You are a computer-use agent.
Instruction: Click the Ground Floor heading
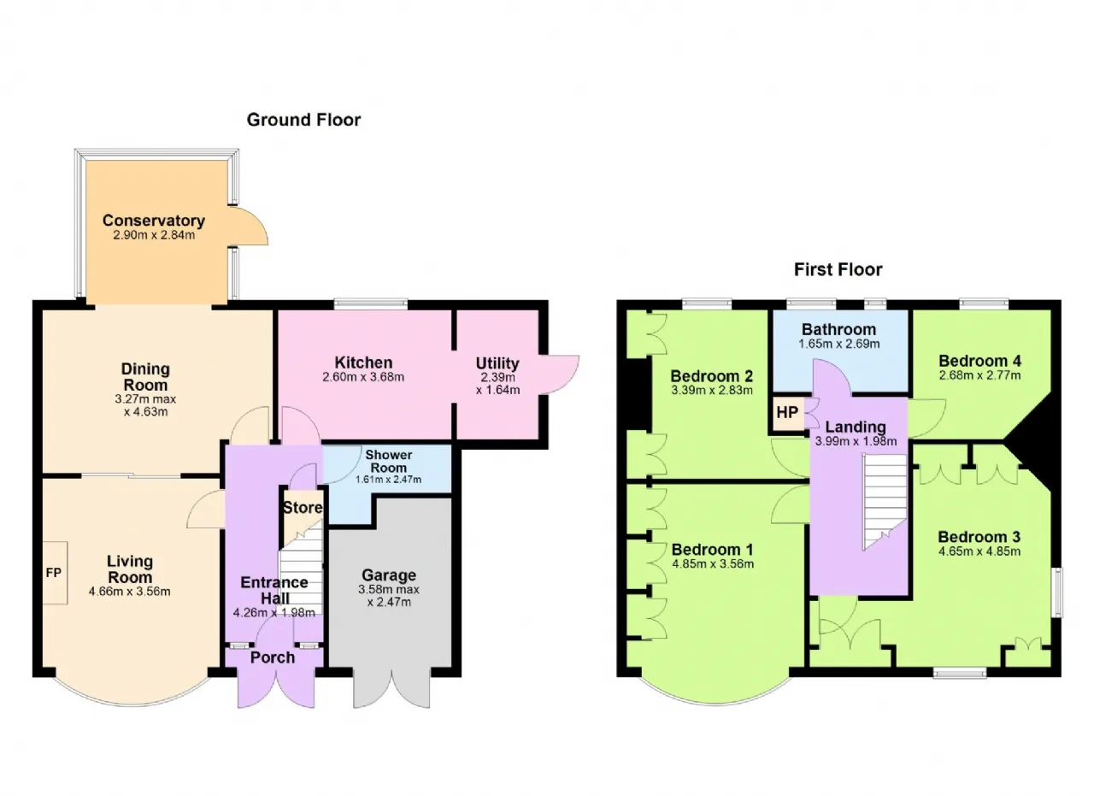(x=303, y=120)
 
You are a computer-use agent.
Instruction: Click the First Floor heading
(x=838, y=269)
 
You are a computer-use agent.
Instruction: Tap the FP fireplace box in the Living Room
(x=55, y=573)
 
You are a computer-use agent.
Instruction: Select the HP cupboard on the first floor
(x=787, y=412)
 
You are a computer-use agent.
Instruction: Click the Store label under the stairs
(x=303, y=508)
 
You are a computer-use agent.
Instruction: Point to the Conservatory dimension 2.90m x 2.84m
(x=154, y=235)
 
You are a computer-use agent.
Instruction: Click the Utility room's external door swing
(x=559, y=374)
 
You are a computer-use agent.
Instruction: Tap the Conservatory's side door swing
(x=249, y=225)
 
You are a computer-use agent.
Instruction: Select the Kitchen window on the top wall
(x=371, y=304)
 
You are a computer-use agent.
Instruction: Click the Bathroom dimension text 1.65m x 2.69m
(x=838, y=344)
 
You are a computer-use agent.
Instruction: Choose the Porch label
(x=273, y=657)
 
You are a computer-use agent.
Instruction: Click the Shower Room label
(x=389, y=462)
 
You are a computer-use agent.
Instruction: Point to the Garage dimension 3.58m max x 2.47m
(x=389, y=596)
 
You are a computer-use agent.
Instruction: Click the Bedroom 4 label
(x=979, y=361)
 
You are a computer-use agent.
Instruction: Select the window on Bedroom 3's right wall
(x=1057, y=593)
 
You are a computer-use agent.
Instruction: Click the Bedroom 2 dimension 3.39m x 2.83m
(x=712, y=391)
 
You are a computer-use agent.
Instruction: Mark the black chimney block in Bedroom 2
(x=638, y=394)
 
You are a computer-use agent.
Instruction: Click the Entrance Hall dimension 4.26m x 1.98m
(x=274, y=613)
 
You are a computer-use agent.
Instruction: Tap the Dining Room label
(x=145, y=377)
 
